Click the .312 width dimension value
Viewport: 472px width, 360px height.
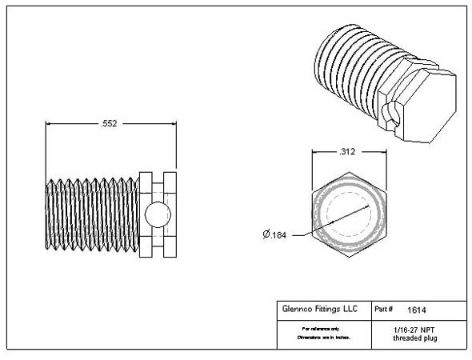[x=347, y=151]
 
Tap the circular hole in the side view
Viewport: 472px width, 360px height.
[x=158, y=214]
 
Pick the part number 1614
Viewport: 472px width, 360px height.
[x=416, y=310]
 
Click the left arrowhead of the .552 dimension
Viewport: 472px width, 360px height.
[x=50, y=124]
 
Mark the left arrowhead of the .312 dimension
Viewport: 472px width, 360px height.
[x=314, y=151]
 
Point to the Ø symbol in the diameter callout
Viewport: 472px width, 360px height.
[x=266, y=234]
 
